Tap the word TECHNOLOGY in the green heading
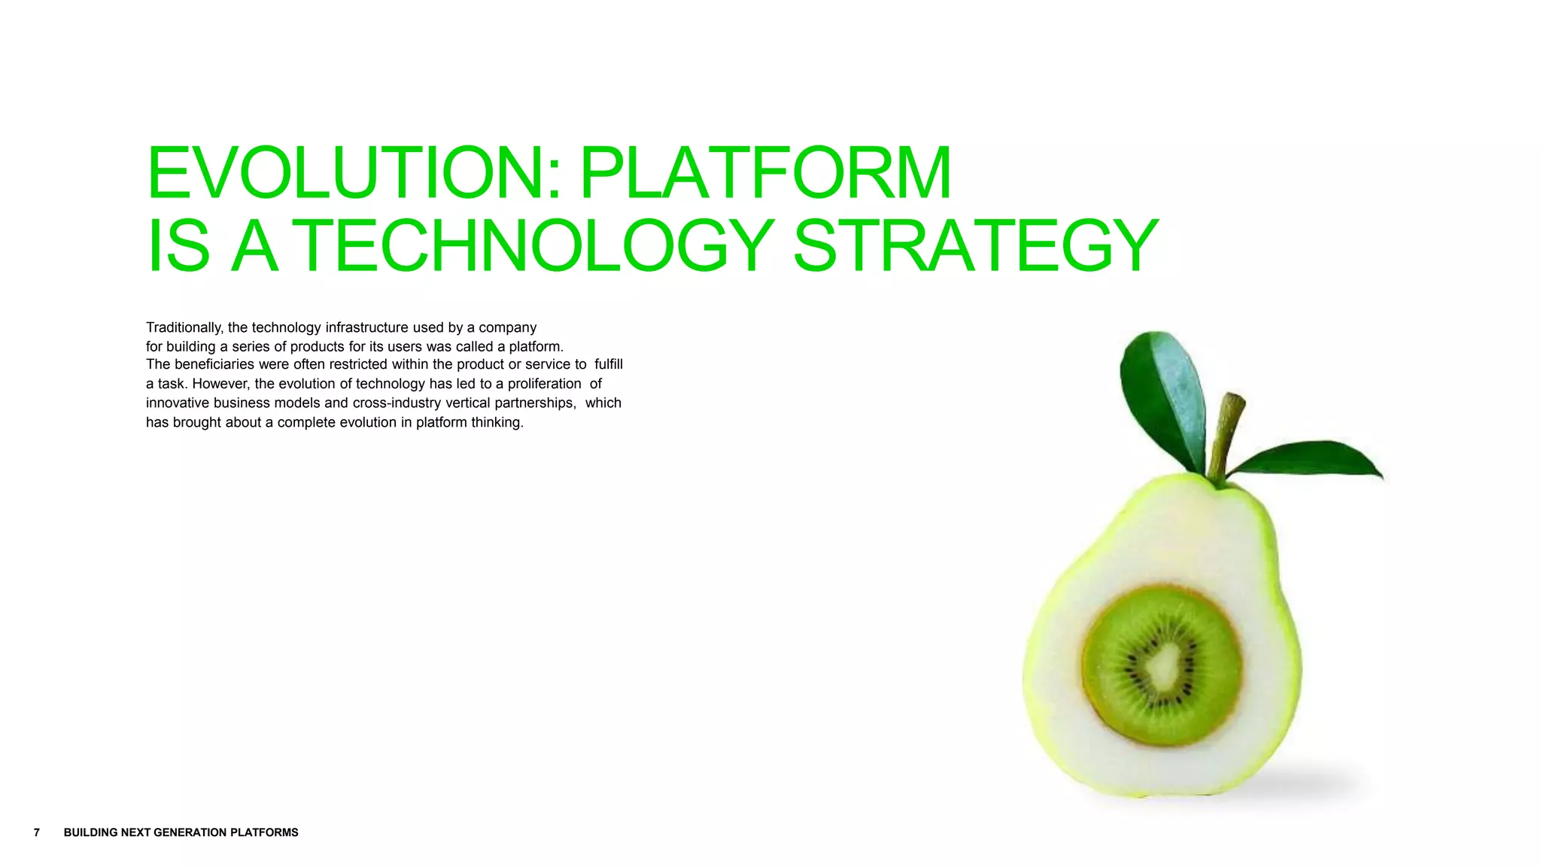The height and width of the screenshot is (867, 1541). tap(537, 245)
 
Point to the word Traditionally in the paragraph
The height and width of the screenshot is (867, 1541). tap(184, 327)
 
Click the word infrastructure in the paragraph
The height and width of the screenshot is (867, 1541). tap(366, 327)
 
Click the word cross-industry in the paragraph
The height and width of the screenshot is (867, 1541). tap(397, 403)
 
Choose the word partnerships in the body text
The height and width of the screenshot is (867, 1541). tap(534, 403)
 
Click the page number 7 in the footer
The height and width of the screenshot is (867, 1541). tap(37, 832)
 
